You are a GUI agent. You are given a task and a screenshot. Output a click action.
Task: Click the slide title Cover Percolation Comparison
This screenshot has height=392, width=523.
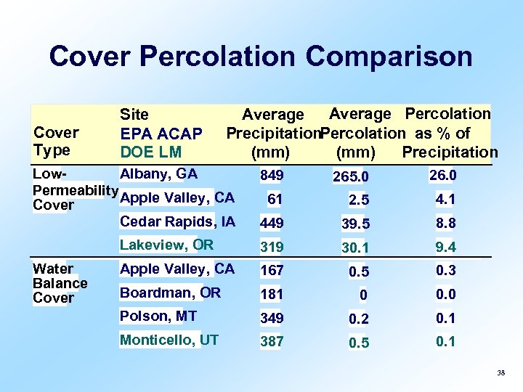(x=261, y=56)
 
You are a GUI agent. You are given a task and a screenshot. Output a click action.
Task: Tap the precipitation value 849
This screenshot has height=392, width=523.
(x=272, y=176)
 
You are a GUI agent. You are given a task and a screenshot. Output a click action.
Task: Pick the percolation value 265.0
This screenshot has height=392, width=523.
(x=351, y=177)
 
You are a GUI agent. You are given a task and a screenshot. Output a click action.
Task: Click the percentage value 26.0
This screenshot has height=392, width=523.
(x=442, y=175)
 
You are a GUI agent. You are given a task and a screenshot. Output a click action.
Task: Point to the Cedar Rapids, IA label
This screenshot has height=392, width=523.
(x=177, y=221)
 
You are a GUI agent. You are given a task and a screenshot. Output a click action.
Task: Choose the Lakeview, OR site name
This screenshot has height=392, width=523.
(x=166, y=245)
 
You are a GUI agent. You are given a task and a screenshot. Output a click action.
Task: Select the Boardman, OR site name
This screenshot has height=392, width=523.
(x=170, y=293)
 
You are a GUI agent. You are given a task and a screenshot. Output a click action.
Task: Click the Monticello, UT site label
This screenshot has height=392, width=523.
(x=169, y=340)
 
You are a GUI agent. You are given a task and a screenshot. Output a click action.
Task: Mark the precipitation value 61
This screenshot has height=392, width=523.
(x=275, y=199)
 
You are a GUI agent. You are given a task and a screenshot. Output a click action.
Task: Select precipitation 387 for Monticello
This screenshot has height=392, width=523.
(x=272, y=341)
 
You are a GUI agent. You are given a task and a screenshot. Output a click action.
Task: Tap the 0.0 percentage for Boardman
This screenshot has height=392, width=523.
(x=445, y=294)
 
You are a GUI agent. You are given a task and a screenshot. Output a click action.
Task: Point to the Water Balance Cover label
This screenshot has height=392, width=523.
(x=60, y=283)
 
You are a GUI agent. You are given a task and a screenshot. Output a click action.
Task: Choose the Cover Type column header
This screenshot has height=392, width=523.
(x=56, y=142)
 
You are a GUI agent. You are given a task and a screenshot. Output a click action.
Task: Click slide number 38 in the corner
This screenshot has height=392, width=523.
(x=500, y=373)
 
